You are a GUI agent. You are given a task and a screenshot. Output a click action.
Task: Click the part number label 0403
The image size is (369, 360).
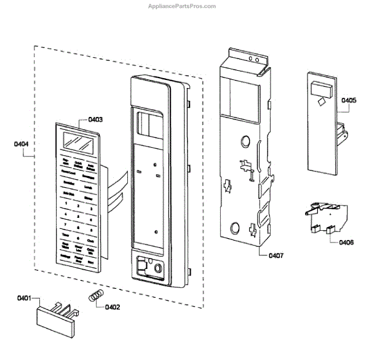click(95, 119)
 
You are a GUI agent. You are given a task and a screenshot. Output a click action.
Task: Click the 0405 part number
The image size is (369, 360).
click(349, 100)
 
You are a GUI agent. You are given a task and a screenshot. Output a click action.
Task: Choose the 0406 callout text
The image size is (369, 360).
click(346, 242)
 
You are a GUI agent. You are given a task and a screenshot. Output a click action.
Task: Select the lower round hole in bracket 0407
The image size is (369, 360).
click(236, 225)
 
